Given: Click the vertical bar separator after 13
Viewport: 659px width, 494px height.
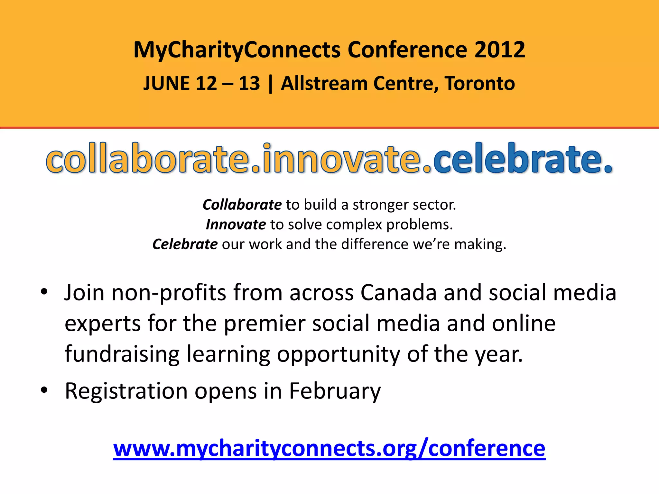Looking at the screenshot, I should pyautogui.click(x=270, y=84).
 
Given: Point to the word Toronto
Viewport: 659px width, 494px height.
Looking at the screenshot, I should pyautogui.click(x=480, y=84).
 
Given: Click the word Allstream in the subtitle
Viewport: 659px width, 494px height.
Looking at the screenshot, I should pyautogui.click(x=324, y=84).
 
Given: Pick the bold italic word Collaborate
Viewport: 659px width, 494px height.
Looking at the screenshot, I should pyautogui.click(x=242, y=205).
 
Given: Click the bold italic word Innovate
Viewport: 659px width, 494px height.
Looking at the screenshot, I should pyautogui.click(x=236, y=224).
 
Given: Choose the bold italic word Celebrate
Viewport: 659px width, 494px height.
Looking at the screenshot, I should pyautogui.click(x=185, y=244).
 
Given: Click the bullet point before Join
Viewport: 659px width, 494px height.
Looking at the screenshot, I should pyautogui.click(x=44, y=292).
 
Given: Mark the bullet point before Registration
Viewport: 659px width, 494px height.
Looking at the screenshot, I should pyautogui.click(x=44, y=390).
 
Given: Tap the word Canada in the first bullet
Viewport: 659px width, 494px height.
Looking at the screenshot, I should pyautogui.click(x=398, y=293).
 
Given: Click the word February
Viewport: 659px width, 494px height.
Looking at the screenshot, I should pyautogui.click(x=335, y=391).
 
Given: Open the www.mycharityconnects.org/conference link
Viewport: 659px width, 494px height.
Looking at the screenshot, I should pyautogui.click(x=329, y=448).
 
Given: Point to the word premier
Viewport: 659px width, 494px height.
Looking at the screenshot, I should pyautogui.click(x=264, y=324).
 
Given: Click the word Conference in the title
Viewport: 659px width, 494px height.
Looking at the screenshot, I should pyautogui.click(x=407, y=50).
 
